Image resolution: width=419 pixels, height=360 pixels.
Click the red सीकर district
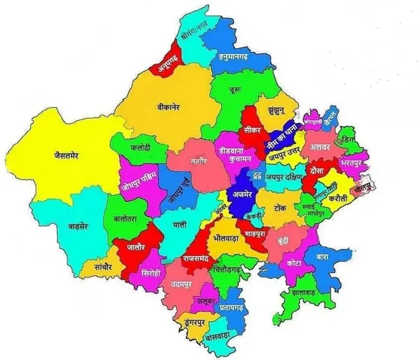[x=253, y=128]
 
